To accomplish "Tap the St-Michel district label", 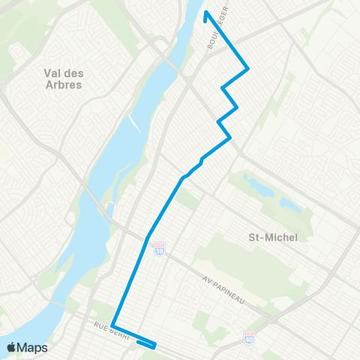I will click(272, 237).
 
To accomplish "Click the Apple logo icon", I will click(11, 347).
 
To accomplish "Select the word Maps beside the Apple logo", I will click(33, 347).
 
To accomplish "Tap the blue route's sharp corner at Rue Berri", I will click(112, 325).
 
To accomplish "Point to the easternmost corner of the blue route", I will click(247, 70).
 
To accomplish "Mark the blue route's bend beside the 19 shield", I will click(149, 237).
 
